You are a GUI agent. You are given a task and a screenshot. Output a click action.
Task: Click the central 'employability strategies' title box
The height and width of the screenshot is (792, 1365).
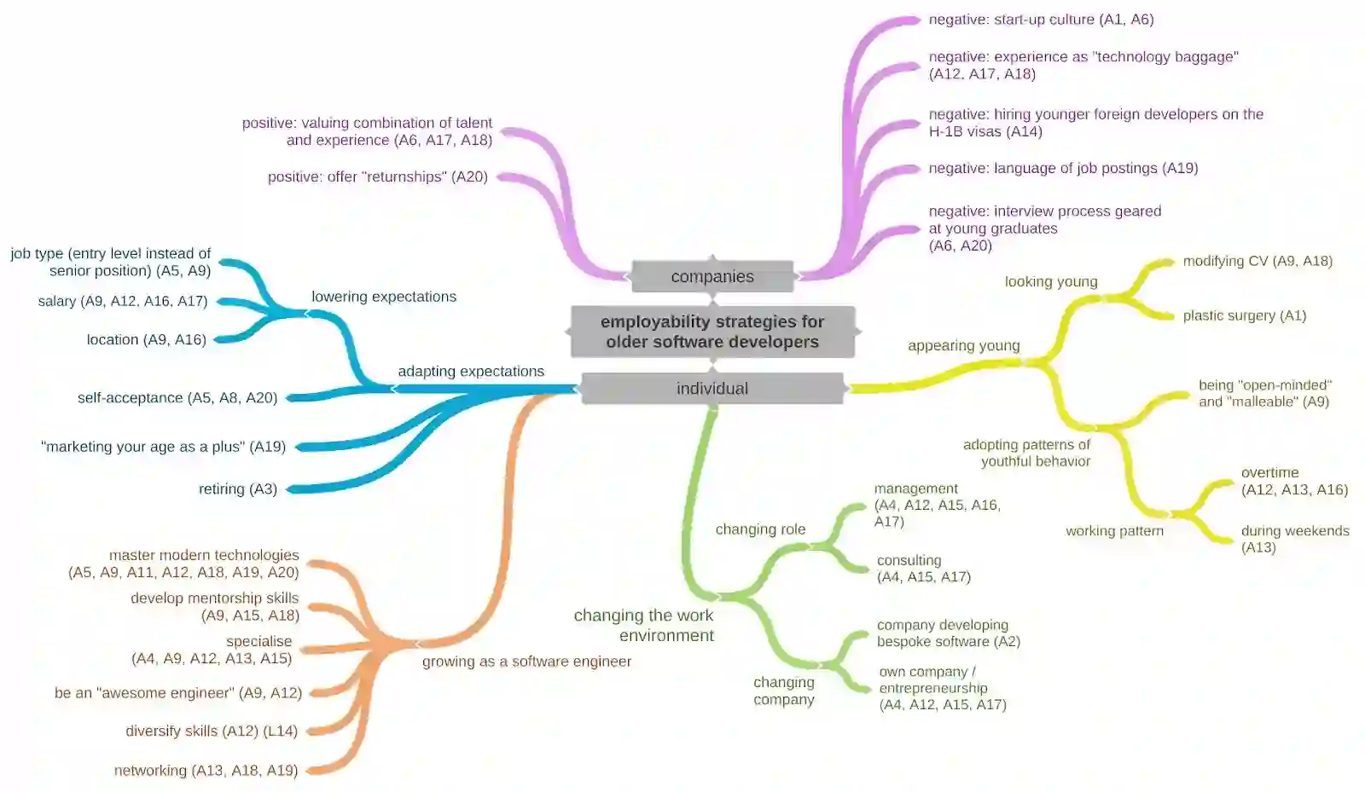[x=712, y=332]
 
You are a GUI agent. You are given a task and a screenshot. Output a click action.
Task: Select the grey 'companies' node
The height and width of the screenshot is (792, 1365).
[x=712, y=276]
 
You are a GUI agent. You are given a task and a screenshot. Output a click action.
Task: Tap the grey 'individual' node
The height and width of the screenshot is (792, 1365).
[x=712, y=389]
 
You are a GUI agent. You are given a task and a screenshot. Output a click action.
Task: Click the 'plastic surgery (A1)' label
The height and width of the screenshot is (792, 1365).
[x=1244, y=315]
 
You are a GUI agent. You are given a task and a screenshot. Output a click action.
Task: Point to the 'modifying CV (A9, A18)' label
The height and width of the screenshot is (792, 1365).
[x=1257, y=261]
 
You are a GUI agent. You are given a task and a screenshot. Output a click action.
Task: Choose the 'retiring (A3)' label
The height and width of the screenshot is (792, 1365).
[x=238, y=489]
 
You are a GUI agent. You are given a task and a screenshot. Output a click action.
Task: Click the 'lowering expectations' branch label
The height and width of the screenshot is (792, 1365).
[x=384, y=297]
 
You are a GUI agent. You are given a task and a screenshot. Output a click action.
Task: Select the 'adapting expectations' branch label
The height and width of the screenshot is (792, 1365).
[x=471, y=371]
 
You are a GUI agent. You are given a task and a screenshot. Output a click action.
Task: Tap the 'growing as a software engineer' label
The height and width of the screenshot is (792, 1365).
[x=526, y=662]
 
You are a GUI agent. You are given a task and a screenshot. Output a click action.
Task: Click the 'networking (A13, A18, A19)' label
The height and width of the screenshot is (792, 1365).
[x=206, y=771]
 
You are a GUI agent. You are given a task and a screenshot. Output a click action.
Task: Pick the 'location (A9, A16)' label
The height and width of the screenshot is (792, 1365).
[x=146, y=339]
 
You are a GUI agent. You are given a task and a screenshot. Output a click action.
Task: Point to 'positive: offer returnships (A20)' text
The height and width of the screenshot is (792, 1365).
[x=378, y=176]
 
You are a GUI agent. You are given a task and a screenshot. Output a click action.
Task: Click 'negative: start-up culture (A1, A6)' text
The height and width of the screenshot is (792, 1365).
[x=1041, y=20]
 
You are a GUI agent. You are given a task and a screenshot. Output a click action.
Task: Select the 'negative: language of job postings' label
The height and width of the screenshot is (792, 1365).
[x=1063, y=168]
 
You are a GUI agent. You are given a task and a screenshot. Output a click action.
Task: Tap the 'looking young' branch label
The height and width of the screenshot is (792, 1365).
[x=1051, y=281]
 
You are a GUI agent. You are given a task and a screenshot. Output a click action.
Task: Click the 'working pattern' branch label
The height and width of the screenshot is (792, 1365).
[x=1114, y=530]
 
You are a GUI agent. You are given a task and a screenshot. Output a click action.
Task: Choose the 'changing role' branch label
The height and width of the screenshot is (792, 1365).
[x=760, y=529]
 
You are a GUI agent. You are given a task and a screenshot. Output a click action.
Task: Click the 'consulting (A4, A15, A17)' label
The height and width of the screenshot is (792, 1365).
[x=923, y=569]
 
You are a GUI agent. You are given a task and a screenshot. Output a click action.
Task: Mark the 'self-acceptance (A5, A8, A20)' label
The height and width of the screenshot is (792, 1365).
[x=177, y=397]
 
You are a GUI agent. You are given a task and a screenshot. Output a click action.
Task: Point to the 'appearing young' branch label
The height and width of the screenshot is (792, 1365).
[x=963, y=345]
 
